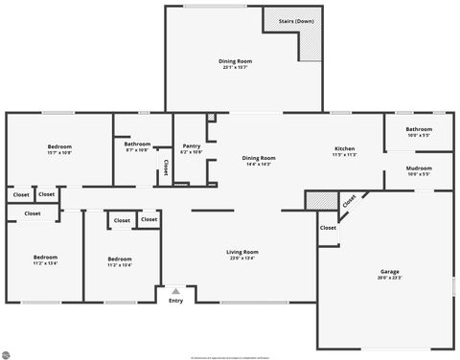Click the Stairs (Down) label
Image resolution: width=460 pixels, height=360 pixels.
coord(295,21)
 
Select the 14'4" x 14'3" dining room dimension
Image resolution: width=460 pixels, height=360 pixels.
coord(258,164)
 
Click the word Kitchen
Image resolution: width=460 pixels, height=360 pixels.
coord(345,148)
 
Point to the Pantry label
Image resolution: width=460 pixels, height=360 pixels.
coord(192,146)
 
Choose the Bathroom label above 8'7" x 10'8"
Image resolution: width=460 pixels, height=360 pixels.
coord(137,144)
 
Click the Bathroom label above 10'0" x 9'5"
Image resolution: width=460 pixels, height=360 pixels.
coord(419,129)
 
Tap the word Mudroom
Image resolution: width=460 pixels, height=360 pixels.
coord(419,169)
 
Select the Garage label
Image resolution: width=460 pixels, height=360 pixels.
coord(389,272)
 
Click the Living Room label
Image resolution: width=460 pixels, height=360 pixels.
coord(242,252)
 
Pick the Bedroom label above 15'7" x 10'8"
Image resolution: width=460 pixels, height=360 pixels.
coord(59,146)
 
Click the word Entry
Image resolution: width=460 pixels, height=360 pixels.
coord(175,302)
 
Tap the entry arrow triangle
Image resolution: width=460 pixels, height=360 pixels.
coord(175,290)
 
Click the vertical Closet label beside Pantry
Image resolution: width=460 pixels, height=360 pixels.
coord(165,168)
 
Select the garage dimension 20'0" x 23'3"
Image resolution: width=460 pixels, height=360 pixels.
coord(389,279)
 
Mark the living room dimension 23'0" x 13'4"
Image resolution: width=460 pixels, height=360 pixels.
coord(242,259)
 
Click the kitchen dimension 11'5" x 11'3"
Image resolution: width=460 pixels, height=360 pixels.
coord(345,155)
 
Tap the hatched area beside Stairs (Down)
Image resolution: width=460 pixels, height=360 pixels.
coord(312,44)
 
